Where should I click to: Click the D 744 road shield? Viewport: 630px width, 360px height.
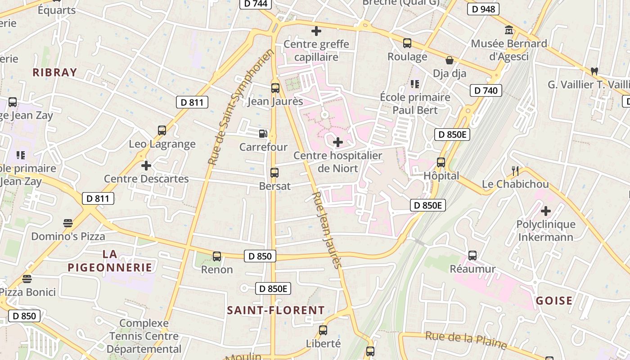click(x=256, y=4)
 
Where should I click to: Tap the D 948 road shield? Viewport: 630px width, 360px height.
click(x=483, y=9)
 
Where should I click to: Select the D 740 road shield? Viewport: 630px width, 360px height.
click(x=486, y=90)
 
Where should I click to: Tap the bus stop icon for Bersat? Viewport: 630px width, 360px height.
click(x=274, y=172)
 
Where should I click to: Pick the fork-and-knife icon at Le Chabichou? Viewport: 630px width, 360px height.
click(x=515, y=171)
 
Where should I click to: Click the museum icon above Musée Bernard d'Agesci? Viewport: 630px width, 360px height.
click(x=509, y=30)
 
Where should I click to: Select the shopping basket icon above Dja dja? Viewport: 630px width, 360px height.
click(x=449, y=60)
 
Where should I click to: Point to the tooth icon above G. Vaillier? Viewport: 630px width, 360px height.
click(x=594, y=71)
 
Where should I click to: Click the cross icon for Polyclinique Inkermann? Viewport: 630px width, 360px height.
click(x=546, y=211)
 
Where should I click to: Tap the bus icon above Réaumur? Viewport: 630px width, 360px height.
click(x=472, y=256)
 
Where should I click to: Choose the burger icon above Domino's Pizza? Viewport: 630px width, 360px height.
click(x=67, y=223)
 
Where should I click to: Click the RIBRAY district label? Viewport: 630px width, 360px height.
click(x=55, y=72)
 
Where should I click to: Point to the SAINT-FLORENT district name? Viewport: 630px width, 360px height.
click(x=276, y=310)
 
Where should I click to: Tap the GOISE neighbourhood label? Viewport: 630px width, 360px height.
click(x=554, y=301)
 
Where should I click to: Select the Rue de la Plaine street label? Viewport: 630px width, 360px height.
click(x=466, y=340)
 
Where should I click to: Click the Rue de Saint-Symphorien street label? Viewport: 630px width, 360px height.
click(x=241, y=107)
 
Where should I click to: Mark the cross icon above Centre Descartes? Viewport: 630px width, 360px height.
click(x=146, y=166)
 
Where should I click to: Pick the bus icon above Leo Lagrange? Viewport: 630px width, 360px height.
click(x=162, y=130)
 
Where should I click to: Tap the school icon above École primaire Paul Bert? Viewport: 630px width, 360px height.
click(x=414, y=84)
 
